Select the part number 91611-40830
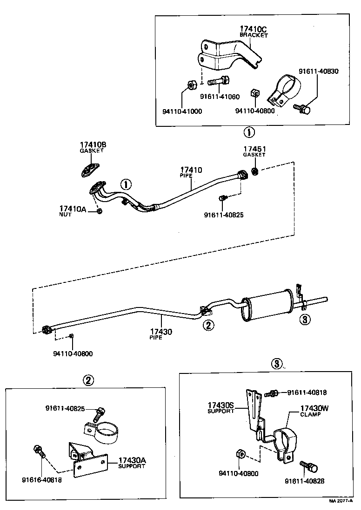[318, 72]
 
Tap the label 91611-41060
[220, 97]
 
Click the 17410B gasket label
[93, 145]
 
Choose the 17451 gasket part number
[254, 149]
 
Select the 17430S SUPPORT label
[221, 408]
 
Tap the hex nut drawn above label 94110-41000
[190, 85]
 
